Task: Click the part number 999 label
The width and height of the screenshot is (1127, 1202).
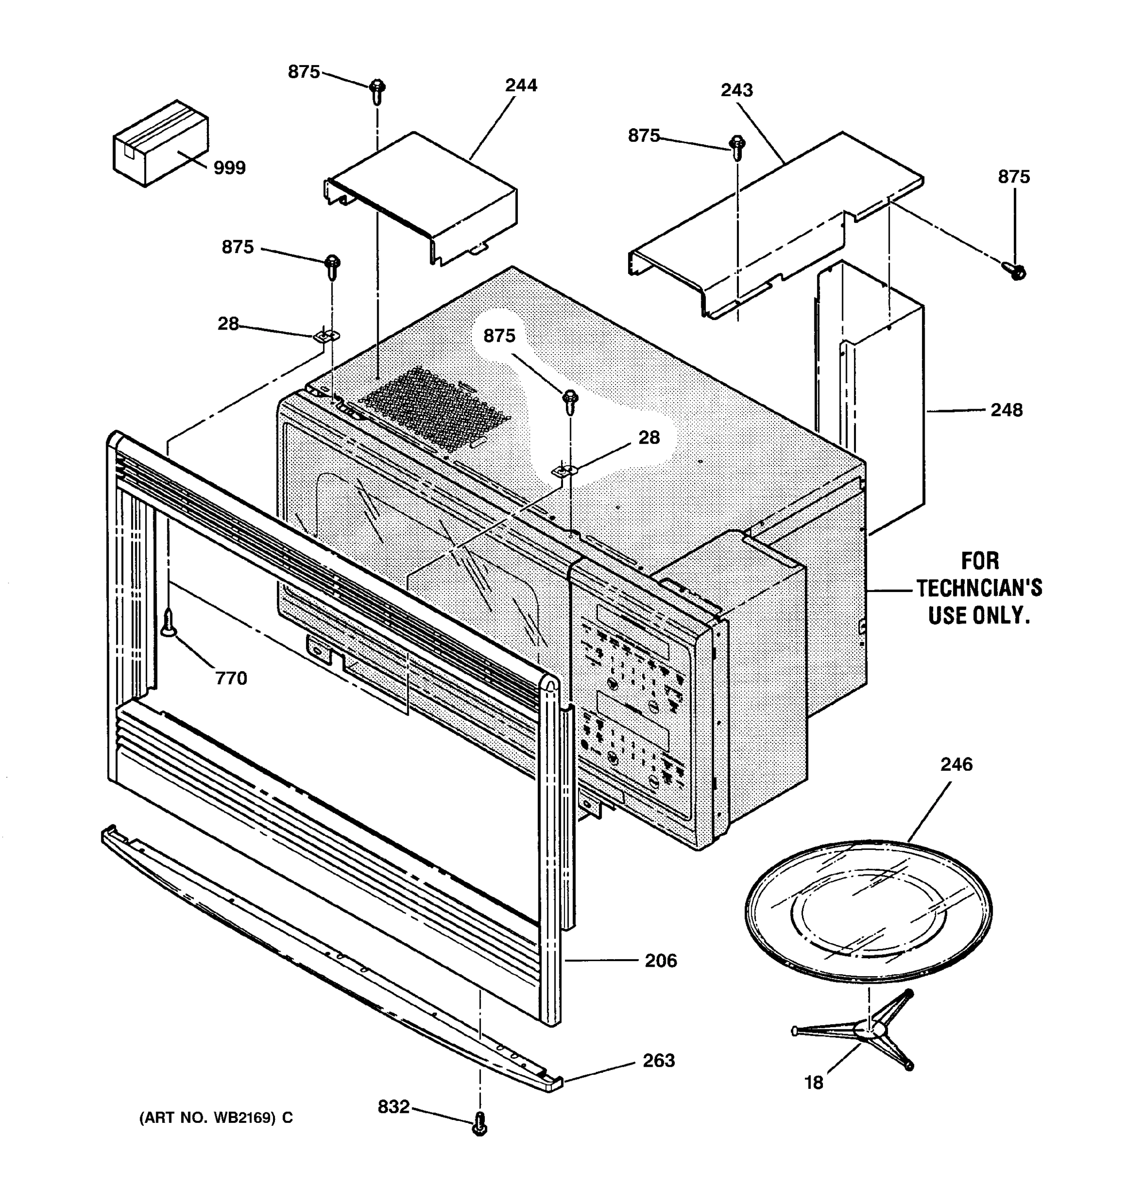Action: (230, 168)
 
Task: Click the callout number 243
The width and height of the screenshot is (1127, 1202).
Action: (736, 90)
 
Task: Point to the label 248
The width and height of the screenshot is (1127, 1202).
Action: (1006, 410)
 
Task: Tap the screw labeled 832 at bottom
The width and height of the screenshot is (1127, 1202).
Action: (479, 1123)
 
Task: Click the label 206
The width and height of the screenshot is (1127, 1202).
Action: (660, 961)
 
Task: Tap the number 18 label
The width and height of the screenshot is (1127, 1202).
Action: (813, 1083)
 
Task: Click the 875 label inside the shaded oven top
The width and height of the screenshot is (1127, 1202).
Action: (499, 336)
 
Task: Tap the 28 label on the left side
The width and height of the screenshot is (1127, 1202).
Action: (228, 324)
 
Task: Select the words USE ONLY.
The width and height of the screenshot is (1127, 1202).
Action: (979, 616)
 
